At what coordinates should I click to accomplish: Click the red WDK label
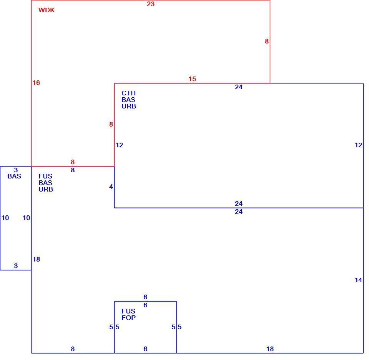point(47,10)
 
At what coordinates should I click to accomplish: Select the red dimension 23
point(151,4)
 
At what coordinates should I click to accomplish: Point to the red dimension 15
point(192,79)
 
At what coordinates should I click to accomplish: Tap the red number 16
point(36,83)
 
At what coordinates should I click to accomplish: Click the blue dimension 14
point(358,280)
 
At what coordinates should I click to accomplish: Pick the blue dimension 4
point(111,187)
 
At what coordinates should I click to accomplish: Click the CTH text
point(128,93)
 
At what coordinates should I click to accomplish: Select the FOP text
point(128,318)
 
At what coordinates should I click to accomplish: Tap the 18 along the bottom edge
point(270,349)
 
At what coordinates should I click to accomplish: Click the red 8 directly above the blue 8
point(73,162)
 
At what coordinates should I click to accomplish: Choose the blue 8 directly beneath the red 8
point(73,170)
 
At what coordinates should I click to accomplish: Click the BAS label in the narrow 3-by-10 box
point(14,176)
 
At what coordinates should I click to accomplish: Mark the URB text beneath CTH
point(129,106)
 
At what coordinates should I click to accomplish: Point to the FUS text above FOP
point(128,311)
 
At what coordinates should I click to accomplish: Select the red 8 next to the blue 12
point(111,124)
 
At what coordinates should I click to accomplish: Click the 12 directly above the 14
point(358,145)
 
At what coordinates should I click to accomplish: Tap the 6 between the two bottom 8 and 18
point(145,349)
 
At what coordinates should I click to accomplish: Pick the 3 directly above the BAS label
point(16,170)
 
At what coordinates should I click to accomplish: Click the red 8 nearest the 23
point(267,41)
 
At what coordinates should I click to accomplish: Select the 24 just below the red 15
point(239,87)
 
